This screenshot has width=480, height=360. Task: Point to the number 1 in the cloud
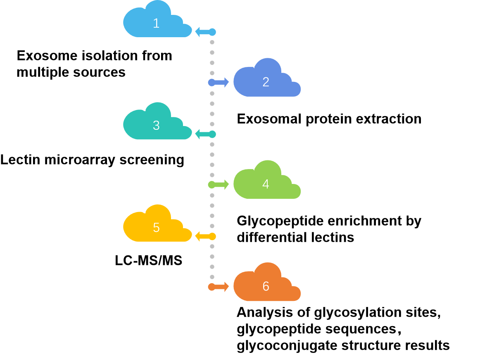point(156,23)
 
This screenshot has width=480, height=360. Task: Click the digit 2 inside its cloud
point(266,82)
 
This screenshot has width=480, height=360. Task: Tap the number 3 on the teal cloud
point(156,125)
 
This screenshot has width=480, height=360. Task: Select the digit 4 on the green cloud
point(266,184)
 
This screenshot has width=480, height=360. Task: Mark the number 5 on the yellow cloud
point(156,227)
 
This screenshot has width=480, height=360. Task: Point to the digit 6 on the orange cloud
point(266,286)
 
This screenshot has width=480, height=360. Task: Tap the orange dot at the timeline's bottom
point(211,287)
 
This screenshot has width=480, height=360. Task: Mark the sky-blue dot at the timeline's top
point(212,32)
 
